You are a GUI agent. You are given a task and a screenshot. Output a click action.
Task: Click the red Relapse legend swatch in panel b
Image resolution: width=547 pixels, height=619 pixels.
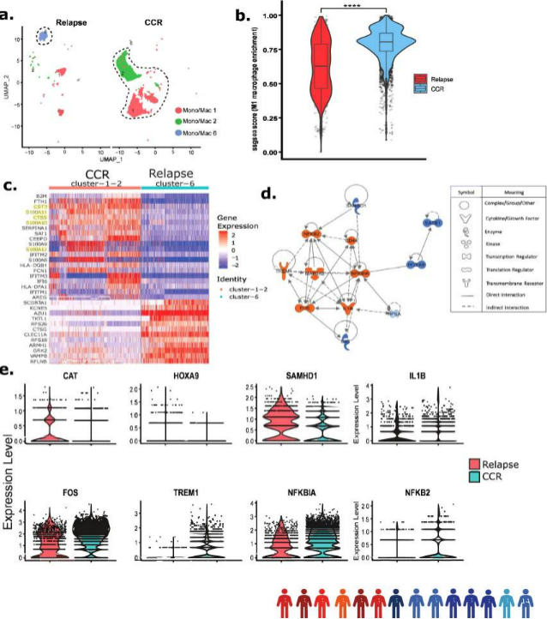coord(420,78)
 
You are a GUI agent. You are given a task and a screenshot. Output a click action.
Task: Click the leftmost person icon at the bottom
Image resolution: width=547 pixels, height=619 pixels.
coord(286,602)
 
